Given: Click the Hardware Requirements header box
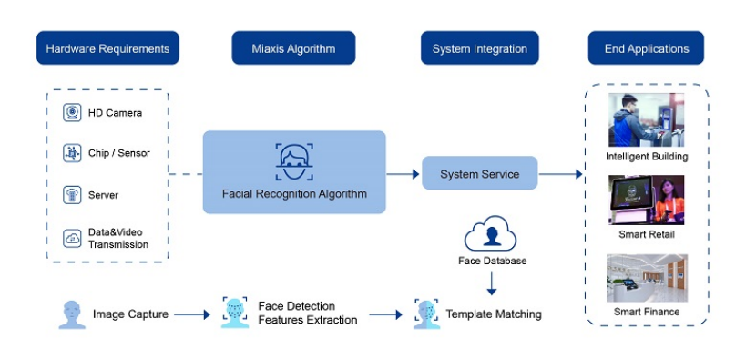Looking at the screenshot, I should point(107,48).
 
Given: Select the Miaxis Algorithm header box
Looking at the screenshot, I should point(293,48).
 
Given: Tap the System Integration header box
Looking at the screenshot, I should point(479,48).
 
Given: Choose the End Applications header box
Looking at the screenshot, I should point(646,48).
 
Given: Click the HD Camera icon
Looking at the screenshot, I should point(72,112).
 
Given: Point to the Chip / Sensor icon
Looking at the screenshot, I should point(72,153).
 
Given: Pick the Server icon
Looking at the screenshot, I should point(72,194).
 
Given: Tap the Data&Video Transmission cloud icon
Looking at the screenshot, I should point(72,238).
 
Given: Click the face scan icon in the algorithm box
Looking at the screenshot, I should point(294,161).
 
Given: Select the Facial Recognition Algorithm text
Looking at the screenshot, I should point(294,193).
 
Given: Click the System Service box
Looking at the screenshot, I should point(479,173).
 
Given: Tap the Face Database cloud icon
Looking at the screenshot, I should point(491,235).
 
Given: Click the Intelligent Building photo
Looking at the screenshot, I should point(646,120).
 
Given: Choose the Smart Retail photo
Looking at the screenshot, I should point(646,200).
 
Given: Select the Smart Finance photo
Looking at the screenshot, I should point(646,278).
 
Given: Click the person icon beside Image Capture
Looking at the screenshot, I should point(72,314).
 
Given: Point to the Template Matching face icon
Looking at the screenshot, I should point(425,314).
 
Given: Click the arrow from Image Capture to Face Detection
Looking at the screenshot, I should point(192,314).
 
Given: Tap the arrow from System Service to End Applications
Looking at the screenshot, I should point(560,173).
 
